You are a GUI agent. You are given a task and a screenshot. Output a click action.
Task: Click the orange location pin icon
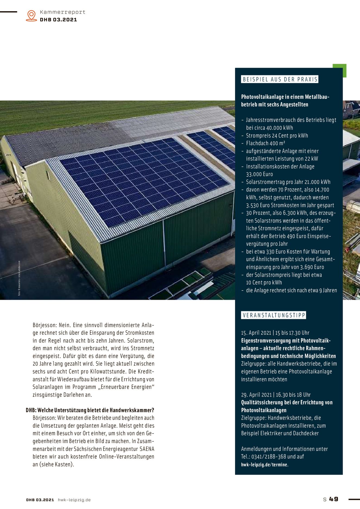click(x=31, y=15)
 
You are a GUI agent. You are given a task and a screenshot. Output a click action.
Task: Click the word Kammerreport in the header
click(x=62, y=12)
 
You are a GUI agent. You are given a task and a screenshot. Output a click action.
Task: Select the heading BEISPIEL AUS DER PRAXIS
click(x=280, y=79)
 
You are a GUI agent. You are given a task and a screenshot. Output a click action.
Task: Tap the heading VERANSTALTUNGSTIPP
click(x=274, y=315)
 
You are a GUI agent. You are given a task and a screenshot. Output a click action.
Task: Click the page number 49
click(x=334, y=499)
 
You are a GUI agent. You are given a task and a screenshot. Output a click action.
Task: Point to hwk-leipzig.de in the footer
click(x=74, y=500)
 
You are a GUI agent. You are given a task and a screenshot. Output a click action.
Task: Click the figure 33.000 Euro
click(x=259, y=174)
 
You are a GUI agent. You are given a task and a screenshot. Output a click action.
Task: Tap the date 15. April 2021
click(x=256, y=333)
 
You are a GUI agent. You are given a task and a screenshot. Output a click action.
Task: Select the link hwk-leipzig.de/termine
click(x=264, y=464)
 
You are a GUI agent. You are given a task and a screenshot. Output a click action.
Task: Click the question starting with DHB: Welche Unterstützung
click(x=90, y=410)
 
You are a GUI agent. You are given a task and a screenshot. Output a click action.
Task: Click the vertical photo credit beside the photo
click(x=19, y=278)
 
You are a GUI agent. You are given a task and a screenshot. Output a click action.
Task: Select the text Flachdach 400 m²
click(x=266, y=143)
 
